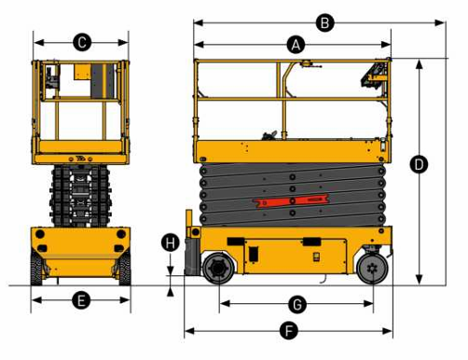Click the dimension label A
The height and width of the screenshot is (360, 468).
296,45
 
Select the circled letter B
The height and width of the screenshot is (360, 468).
324,23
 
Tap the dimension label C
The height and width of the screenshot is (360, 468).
82,42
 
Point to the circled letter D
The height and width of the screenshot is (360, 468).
419,164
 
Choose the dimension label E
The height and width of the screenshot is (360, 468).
81,300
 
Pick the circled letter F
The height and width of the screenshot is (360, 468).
289,331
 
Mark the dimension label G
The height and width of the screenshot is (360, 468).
297,304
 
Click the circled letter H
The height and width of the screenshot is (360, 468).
171,242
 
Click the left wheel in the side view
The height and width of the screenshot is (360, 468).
219,269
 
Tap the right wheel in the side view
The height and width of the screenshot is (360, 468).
372,269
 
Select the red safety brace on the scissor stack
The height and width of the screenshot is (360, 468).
291,201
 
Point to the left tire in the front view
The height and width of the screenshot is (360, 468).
36,268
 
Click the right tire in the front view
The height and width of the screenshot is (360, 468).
125,268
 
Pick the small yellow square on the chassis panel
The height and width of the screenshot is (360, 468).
316,256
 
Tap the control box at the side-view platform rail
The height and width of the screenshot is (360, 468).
374,75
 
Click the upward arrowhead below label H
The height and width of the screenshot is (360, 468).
171,292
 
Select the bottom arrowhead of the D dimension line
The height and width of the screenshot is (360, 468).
419,279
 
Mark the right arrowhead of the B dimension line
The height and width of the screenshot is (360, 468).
439,22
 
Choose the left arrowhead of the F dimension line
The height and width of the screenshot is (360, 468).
189,331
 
